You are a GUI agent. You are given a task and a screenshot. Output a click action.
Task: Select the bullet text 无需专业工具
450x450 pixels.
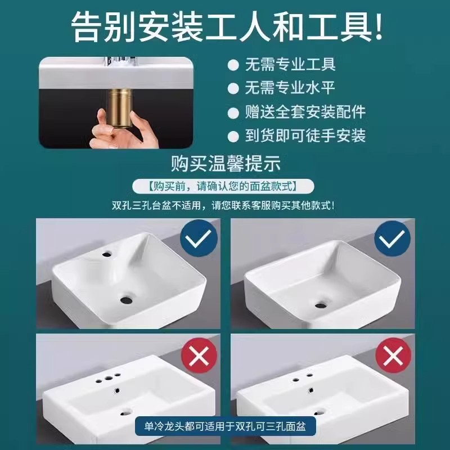[290, 64]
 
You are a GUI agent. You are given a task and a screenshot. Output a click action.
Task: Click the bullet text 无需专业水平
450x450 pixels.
[290, 88]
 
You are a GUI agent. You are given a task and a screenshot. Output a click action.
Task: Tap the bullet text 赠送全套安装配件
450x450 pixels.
[305, 111]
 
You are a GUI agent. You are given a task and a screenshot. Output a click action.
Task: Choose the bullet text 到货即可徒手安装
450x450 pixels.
[305, 136]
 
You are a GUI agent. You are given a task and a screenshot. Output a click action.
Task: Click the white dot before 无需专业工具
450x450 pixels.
[233, 65]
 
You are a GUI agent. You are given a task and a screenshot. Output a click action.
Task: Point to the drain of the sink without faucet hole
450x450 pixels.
[321, 305]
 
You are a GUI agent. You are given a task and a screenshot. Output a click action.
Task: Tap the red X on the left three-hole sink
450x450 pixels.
[199, 356]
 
